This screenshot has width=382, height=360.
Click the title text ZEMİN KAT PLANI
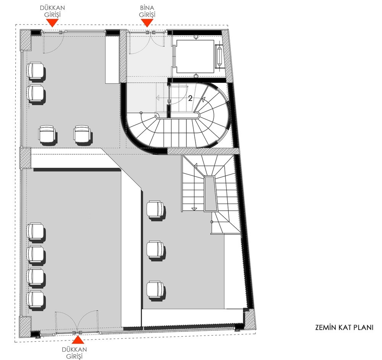pyautogui.click(x=344, y=328)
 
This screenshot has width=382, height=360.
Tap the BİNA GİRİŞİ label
pyautogui.click(x=147, y=11)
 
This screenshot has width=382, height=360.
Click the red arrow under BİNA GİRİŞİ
pyautogui.click(x=147, y=23)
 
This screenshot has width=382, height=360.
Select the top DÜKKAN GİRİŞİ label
pyautogui.click(x=52, y=11)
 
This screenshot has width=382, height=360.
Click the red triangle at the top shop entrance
pyautogui.click(x=52, y=23)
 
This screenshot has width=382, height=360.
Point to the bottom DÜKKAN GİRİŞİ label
pyautogui.click(x=74, y=353)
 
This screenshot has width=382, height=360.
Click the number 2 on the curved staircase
pyautogui.click(x=190, y=98)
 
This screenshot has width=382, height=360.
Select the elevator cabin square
pyautogui.click(x=195, y=56)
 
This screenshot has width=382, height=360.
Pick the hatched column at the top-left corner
pyautogui.click(x=26, y=40)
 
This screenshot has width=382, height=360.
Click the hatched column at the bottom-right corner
pyautogui.click(x=249, y=320)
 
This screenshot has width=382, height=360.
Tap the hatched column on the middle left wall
pyautogui.click(x=25, y=158)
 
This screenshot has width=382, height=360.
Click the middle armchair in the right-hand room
pyautogui.click(x=156, y=250)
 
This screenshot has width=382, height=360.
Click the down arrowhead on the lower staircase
pyautogui.click(x=194, y=209)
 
